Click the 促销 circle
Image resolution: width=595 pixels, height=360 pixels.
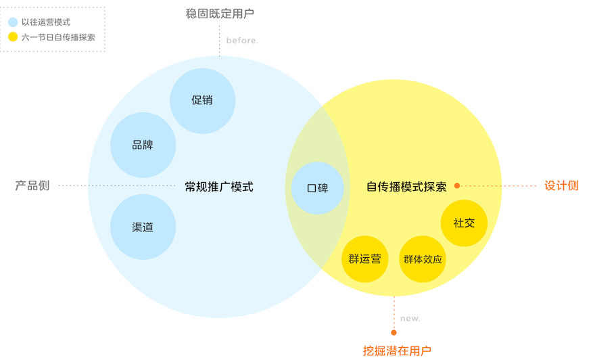tap(202, 101)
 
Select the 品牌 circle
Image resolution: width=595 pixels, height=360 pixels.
tap(143, 145)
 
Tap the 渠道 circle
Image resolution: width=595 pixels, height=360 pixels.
tap(143, 227)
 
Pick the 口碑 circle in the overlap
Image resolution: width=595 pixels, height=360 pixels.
tap(317, 187)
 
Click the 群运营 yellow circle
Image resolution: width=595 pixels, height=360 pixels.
tap(365, 259)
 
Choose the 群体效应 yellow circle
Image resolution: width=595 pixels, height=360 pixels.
tap(423, 259)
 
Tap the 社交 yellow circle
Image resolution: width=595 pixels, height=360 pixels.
tap(464, 223)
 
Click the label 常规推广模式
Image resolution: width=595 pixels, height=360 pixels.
tap(219, 187)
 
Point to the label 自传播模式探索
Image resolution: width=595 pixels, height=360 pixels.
tap(406, 187)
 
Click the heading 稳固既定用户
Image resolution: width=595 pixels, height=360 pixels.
tap(220, 13)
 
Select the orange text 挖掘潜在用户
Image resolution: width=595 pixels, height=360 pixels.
tap(397, 350)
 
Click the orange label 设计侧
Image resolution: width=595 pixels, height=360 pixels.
tap(561, 185)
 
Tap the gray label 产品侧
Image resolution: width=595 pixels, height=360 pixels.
tap(32, 185)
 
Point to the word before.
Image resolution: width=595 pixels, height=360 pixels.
tap(242, 41)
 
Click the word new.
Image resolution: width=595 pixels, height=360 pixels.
tap(410, 318)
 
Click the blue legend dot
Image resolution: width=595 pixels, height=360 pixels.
tap(13, 22)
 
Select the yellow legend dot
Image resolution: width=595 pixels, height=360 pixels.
tap(13, 37)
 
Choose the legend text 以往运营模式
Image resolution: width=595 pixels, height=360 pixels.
tap(46, 22)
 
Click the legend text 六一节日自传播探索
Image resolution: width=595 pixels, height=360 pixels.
tap(58, 37)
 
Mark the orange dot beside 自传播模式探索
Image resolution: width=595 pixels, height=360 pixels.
tap(457, 185)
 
